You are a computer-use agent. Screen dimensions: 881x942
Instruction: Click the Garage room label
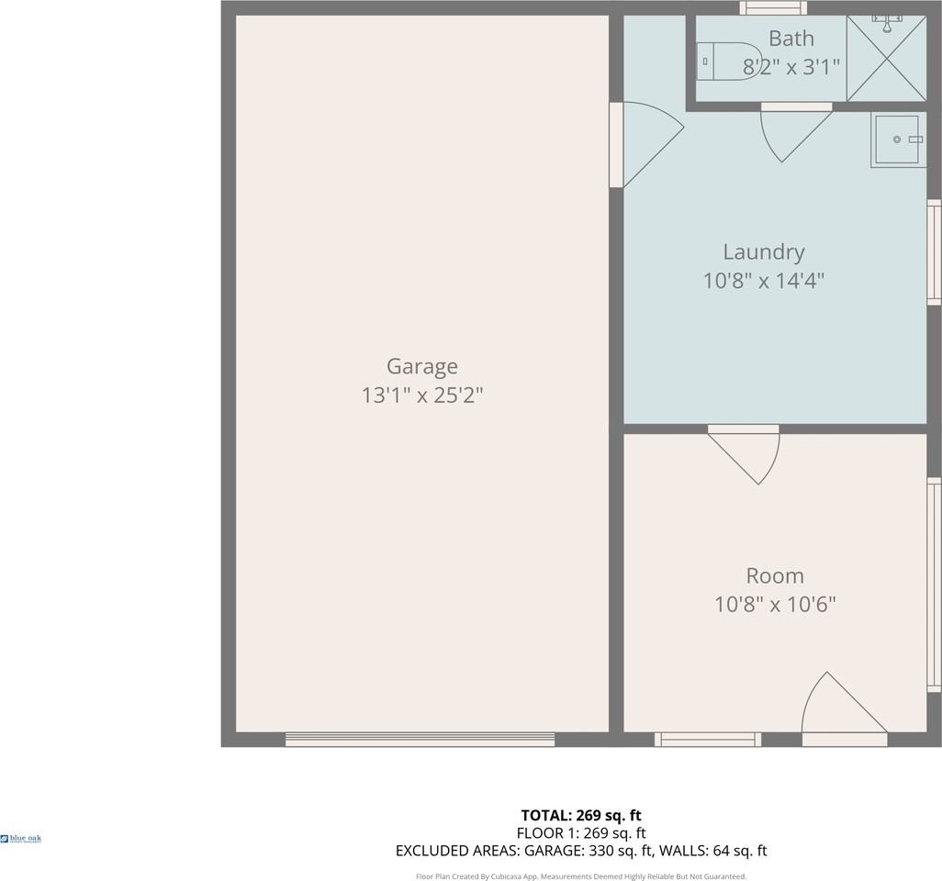click(421, 366)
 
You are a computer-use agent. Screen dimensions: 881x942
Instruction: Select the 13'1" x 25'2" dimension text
click(421, 396)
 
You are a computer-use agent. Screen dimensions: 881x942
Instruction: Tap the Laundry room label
click(763, 251)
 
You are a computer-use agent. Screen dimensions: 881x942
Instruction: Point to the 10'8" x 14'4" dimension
click(763, 281)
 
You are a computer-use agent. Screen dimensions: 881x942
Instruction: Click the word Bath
click(791, 39)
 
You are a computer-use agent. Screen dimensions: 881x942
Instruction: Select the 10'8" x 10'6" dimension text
click(775, 605)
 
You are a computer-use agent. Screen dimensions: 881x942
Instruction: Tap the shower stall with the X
click(886, 58)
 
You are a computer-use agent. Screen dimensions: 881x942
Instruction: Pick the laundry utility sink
click(897, 139)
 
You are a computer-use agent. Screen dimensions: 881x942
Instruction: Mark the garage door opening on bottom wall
click(420, 739)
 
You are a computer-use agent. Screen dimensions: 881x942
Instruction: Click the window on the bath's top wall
click(773, 8)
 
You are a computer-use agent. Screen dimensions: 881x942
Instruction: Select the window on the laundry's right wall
click(934, 252)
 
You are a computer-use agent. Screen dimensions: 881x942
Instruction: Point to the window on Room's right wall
click(934, 585)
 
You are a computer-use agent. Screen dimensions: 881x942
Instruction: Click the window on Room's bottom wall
click(708, 739)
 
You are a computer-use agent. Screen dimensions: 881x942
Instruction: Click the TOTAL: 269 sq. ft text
click(580, 815)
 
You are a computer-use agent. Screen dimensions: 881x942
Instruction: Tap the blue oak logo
click(21, 838)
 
